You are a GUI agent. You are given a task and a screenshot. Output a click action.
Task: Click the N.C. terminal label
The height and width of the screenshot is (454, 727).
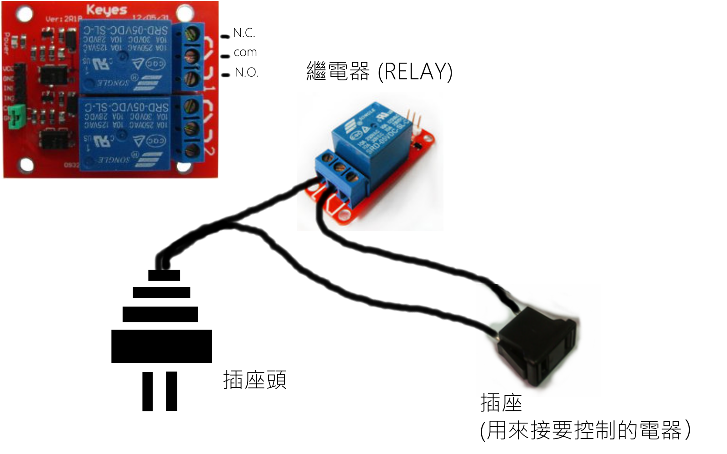[x=244, y=33]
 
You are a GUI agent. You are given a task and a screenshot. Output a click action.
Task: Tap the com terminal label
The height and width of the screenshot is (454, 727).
[x=245, y=53]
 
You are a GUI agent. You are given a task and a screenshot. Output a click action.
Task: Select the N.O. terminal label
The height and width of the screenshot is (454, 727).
[x=247, y=73]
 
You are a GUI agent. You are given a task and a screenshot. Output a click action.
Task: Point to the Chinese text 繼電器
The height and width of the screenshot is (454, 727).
[x=338, y=72]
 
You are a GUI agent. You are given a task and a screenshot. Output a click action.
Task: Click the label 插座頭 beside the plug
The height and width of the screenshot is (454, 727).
[x=254, y=380]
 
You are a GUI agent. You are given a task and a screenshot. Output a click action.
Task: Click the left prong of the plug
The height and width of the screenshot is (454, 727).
[x=148, y=391]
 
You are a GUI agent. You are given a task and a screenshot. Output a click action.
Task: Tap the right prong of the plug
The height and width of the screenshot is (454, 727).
[x=172, y=391]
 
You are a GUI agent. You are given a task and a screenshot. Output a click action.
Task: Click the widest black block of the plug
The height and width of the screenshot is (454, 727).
[x=161, y=346]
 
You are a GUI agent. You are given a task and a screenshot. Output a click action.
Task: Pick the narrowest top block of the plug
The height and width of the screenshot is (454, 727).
[x=164, y=275]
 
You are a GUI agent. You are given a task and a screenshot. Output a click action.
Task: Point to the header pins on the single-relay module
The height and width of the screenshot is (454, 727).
[x=414, y=119]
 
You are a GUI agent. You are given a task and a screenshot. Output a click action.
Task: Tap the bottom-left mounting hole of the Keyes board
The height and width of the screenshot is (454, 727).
[x=26, y=164]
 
